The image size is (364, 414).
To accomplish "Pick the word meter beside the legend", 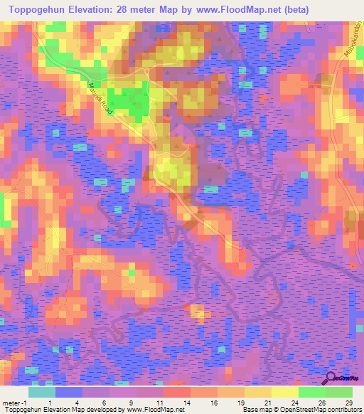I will tap(11, 401).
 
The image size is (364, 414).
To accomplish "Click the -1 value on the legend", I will tap(26, 401).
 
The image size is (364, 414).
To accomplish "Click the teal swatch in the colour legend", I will tap(42, 392).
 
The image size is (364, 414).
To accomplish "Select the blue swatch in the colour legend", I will tap(69, 392).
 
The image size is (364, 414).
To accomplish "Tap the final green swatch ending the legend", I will tap(339, 392).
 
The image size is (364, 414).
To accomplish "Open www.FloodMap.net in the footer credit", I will tap(156, 410).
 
